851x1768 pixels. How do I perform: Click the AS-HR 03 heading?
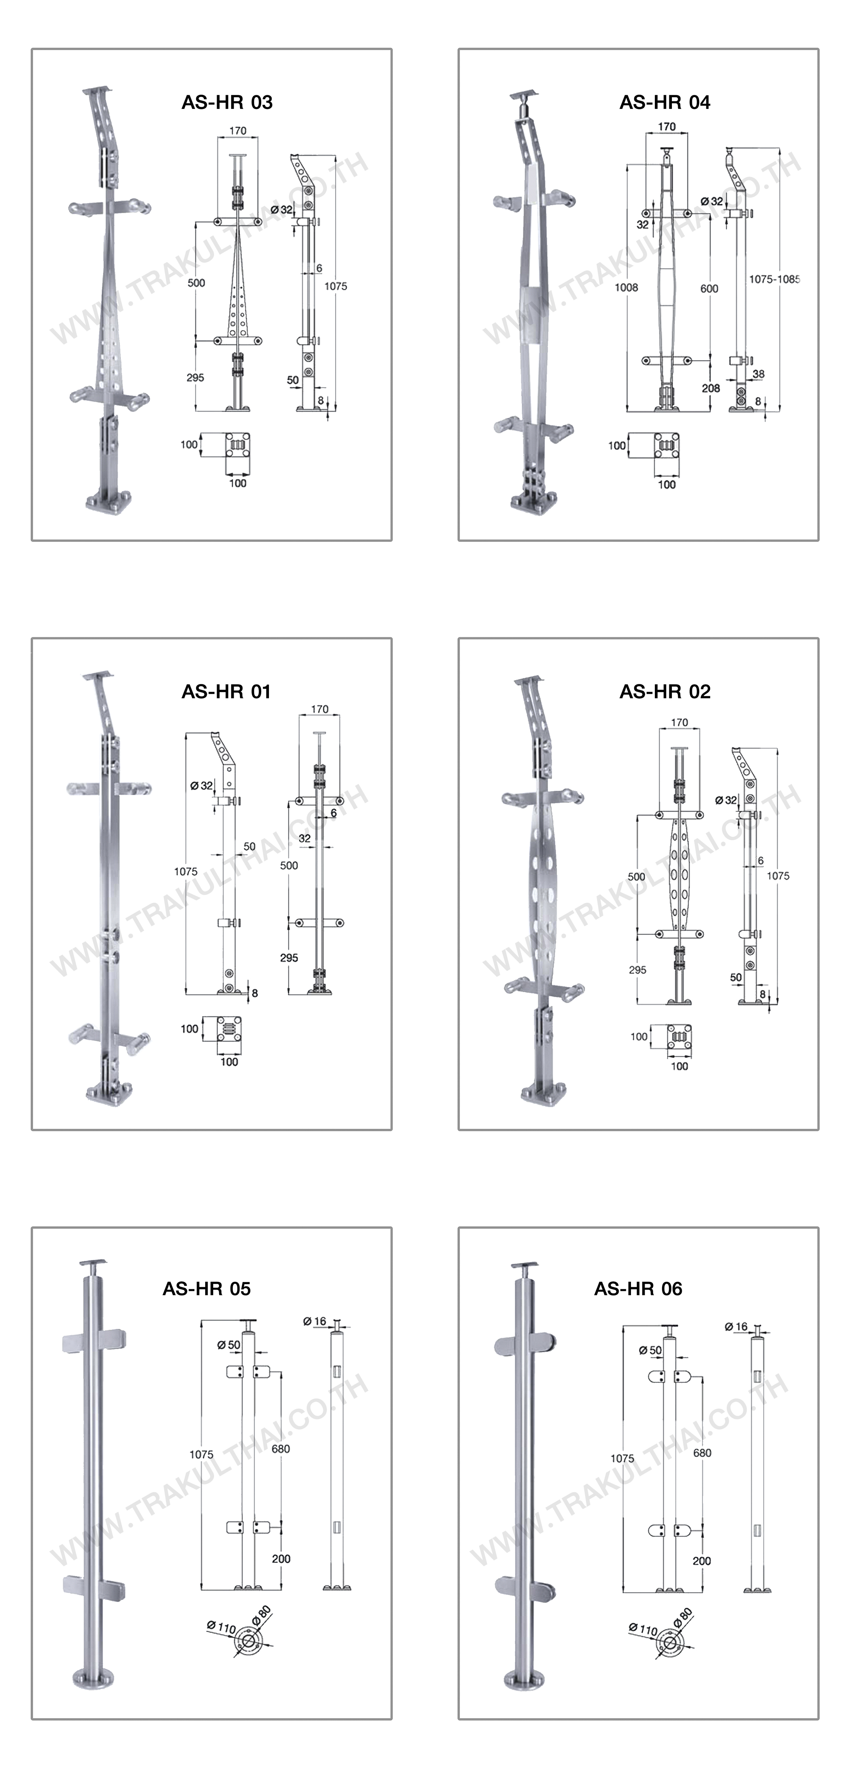[x=227, y=102]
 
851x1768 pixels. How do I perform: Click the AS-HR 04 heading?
[x=665, y=102]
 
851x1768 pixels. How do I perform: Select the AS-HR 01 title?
[x=226, y=692]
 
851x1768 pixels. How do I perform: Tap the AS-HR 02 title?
[x=665, y=692]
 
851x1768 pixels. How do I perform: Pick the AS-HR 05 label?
[x=206, y=1289]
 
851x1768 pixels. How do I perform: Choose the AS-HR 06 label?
[x=638, y=1289]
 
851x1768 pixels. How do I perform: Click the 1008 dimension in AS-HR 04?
[x=627, y=288]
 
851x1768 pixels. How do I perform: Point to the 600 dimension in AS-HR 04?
[x=710, y=289]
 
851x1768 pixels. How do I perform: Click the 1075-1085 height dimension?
[x=774, y=279]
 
